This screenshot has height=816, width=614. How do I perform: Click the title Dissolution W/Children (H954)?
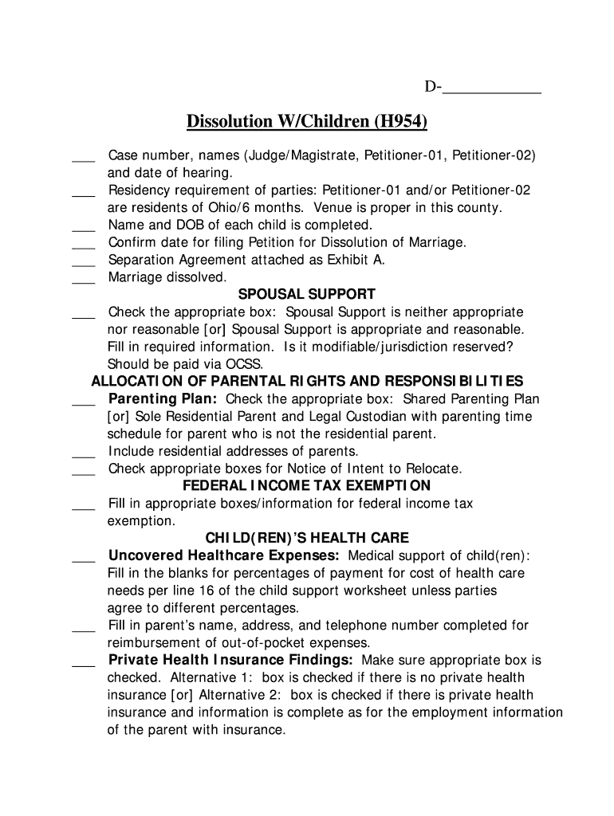tap(307, 122)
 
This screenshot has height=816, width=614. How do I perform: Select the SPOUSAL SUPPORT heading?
tap(307, 295)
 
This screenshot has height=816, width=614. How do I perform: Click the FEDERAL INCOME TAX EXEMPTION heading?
tap(307, 485)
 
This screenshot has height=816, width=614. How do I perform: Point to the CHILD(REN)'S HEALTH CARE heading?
tap(307, 538)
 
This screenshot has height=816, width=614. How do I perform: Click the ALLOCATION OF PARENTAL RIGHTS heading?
tap(307, 381)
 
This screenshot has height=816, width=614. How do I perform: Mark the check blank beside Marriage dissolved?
tap(83, 279)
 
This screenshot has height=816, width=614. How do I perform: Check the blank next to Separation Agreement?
tap(83, 261)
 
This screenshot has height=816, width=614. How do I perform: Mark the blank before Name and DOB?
tap(83, 226)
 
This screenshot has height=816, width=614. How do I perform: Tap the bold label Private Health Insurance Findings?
tap(231, 660)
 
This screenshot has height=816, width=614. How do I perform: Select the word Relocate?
tap(431, 469)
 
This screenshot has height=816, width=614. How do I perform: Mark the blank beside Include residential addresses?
tap(83, 453)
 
